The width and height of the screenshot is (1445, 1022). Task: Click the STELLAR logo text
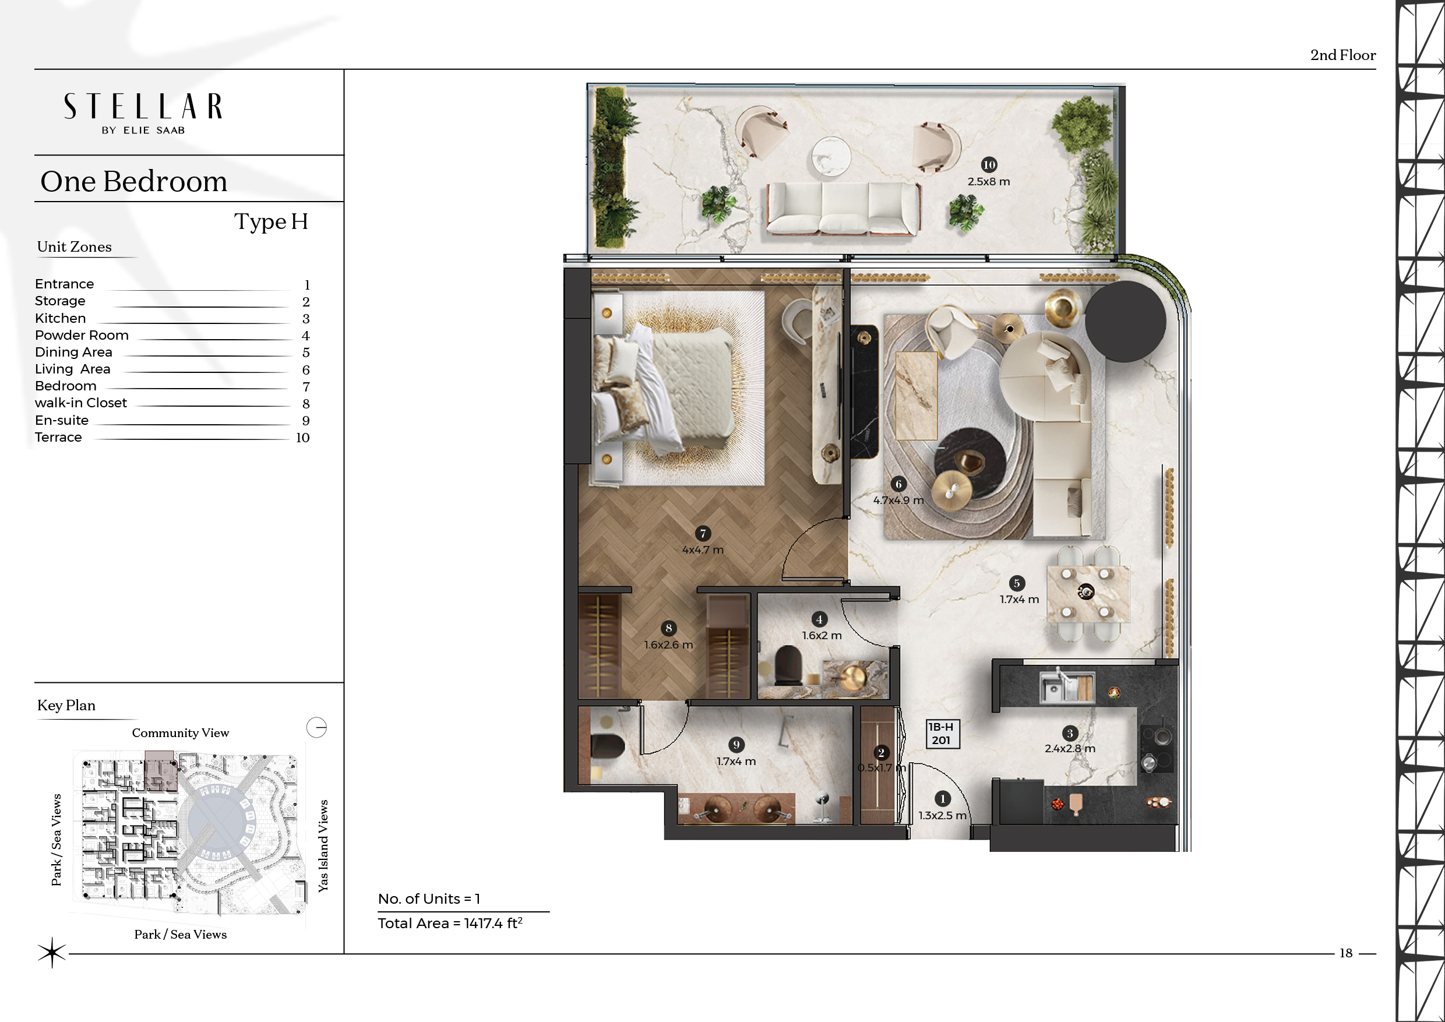(x=143, y=107)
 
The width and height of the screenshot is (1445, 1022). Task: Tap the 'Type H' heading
(x=272, y=221)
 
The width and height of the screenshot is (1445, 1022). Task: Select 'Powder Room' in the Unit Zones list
(x=82, y=336)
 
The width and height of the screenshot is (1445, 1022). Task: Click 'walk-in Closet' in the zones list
(x=80, y=403)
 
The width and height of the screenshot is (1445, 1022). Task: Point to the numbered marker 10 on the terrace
(x=989, y=165)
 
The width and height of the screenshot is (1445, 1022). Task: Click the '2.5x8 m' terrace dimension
(x=989, y=182)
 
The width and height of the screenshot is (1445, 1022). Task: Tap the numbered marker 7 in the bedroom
(x=703, y=534)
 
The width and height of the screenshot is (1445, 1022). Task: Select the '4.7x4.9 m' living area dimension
(x=898, y=501)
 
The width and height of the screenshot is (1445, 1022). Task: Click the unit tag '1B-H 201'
(x=941, y=734)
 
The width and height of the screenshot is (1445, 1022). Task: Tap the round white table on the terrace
(x=831, y=155)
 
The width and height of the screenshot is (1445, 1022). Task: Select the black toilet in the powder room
(x=787, y=665)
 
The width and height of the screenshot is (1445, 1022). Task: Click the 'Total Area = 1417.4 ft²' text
(x=450, y=923)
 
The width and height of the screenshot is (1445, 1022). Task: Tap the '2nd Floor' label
(x=1343, y=55)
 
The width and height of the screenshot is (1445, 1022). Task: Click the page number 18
(x=1345, y=953)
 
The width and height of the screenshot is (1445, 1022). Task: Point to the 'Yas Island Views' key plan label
(x=323, y=845)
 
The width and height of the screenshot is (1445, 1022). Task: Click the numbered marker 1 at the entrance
(x=942, y=799)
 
